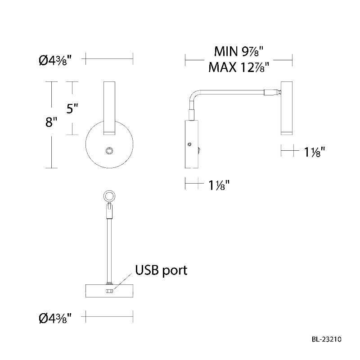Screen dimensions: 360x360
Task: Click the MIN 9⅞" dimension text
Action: (x=239, y=50)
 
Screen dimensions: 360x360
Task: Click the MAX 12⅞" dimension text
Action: (x=239, y=67)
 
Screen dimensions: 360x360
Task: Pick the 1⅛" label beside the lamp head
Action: (x=308, y=152)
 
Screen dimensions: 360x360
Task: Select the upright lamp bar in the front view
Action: (x=109, y=108)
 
